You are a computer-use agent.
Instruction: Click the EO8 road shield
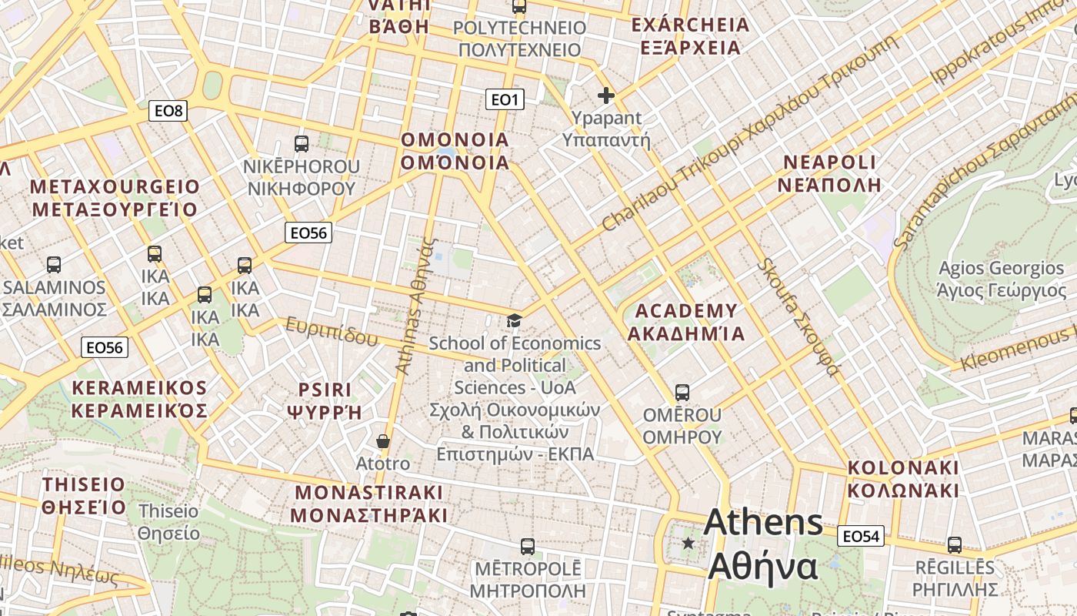[168, 111]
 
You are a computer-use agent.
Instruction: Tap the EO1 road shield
[505, 99]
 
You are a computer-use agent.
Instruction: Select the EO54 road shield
[860, 536]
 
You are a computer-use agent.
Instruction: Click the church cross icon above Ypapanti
[606, 95]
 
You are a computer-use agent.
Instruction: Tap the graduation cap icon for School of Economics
[514, 320]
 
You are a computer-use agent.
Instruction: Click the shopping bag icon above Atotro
[382, 441]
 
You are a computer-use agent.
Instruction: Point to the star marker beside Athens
[688, 544]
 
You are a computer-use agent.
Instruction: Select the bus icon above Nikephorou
[302, 143]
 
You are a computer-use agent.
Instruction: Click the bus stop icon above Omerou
[682, 392]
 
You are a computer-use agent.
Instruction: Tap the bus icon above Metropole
[527, 546]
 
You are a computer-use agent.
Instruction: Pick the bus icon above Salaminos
[54, 264]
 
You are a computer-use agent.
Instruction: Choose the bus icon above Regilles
[955, 544]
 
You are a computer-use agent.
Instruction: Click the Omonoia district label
[455, 151]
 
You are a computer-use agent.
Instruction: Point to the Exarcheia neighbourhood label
[689, 36]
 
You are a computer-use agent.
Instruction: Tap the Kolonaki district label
[903, 479]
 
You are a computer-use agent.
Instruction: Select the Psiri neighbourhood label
[325, 400]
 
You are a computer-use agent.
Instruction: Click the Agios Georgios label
[1001, 279]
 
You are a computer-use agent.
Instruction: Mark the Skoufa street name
[798, 317]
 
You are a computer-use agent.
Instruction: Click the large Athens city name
[763, 544]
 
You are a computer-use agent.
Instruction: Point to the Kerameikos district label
[139, 399]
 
